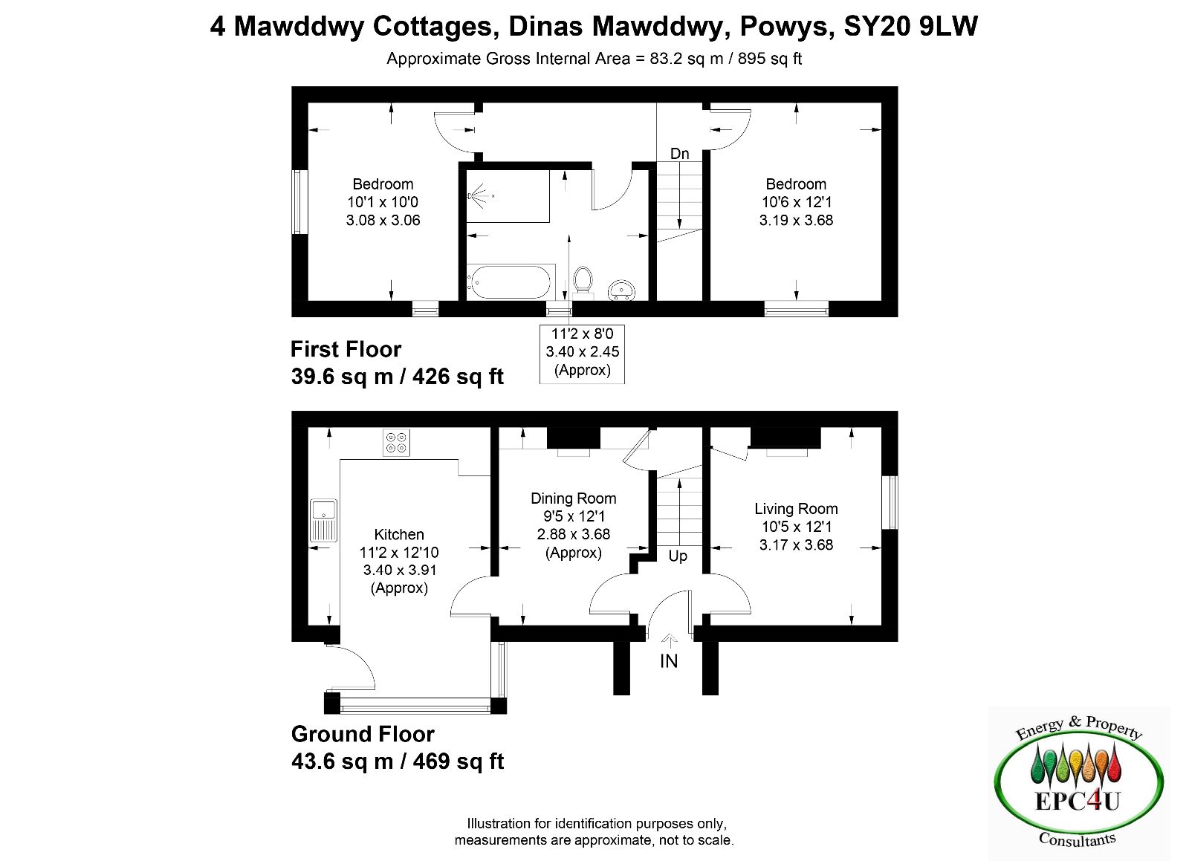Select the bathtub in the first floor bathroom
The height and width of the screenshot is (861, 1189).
pyautogui.click(x=511, y=282)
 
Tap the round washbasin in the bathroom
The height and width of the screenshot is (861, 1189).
pyautogui.click(x=621, y=290)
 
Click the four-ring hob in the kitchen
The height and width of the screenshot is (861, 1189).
pyautogui.click(x=397, y=443)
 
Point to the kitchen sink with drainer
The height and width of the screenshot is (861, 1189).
pyautogui.click(x=323, y=520)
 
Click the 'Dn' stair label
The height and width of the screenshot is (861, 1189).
pyautogui.click(x=679, y=154)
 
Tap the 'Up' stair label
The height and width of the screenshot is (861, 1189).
pyautogui.click(x=678, y=556)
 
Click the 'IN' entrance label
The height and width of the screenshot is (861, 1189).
pyautogui.click(x=669, y=661)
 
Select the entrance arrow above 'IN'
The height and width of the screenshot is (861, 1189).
pyautogui.click(x=670, y=641)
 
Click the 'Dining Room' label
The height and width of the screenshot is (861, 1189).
pyautogui.click(x=573, y=498)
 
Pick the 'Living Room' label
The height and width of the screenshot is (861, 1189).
pyautogui.click(x=796, y=510)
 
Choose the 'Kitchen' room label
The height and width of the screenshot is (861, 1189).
pyautogui.click(x=399, y=534)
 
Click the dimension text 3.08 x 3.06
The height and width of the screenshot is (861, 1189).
pyautogui.click(x=383, y=220)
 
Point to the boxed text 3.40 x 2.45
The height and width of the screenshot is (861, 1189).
pyautogui.click(x=583, y=351)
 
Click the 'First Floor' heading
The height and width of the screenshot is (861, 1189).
pyautogui.click(x=346, y=350)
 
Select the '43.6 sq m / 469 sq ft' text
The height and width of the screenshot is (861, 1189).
pyautogui.click(x=398, y=761)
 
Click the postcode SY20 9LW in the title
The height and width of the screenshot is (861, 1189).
pyautogui.click(x=911, y=26)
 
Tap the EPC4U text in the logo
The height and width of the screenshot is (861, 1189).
pyautogui.click(x=1078, y=801)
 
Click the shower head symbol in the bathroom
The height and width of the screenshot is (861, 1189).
pyautogui.click(x=479, y=196)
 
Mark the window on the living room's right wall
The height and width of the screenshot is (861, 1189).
pyautogui.click(x=890, y=502)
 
